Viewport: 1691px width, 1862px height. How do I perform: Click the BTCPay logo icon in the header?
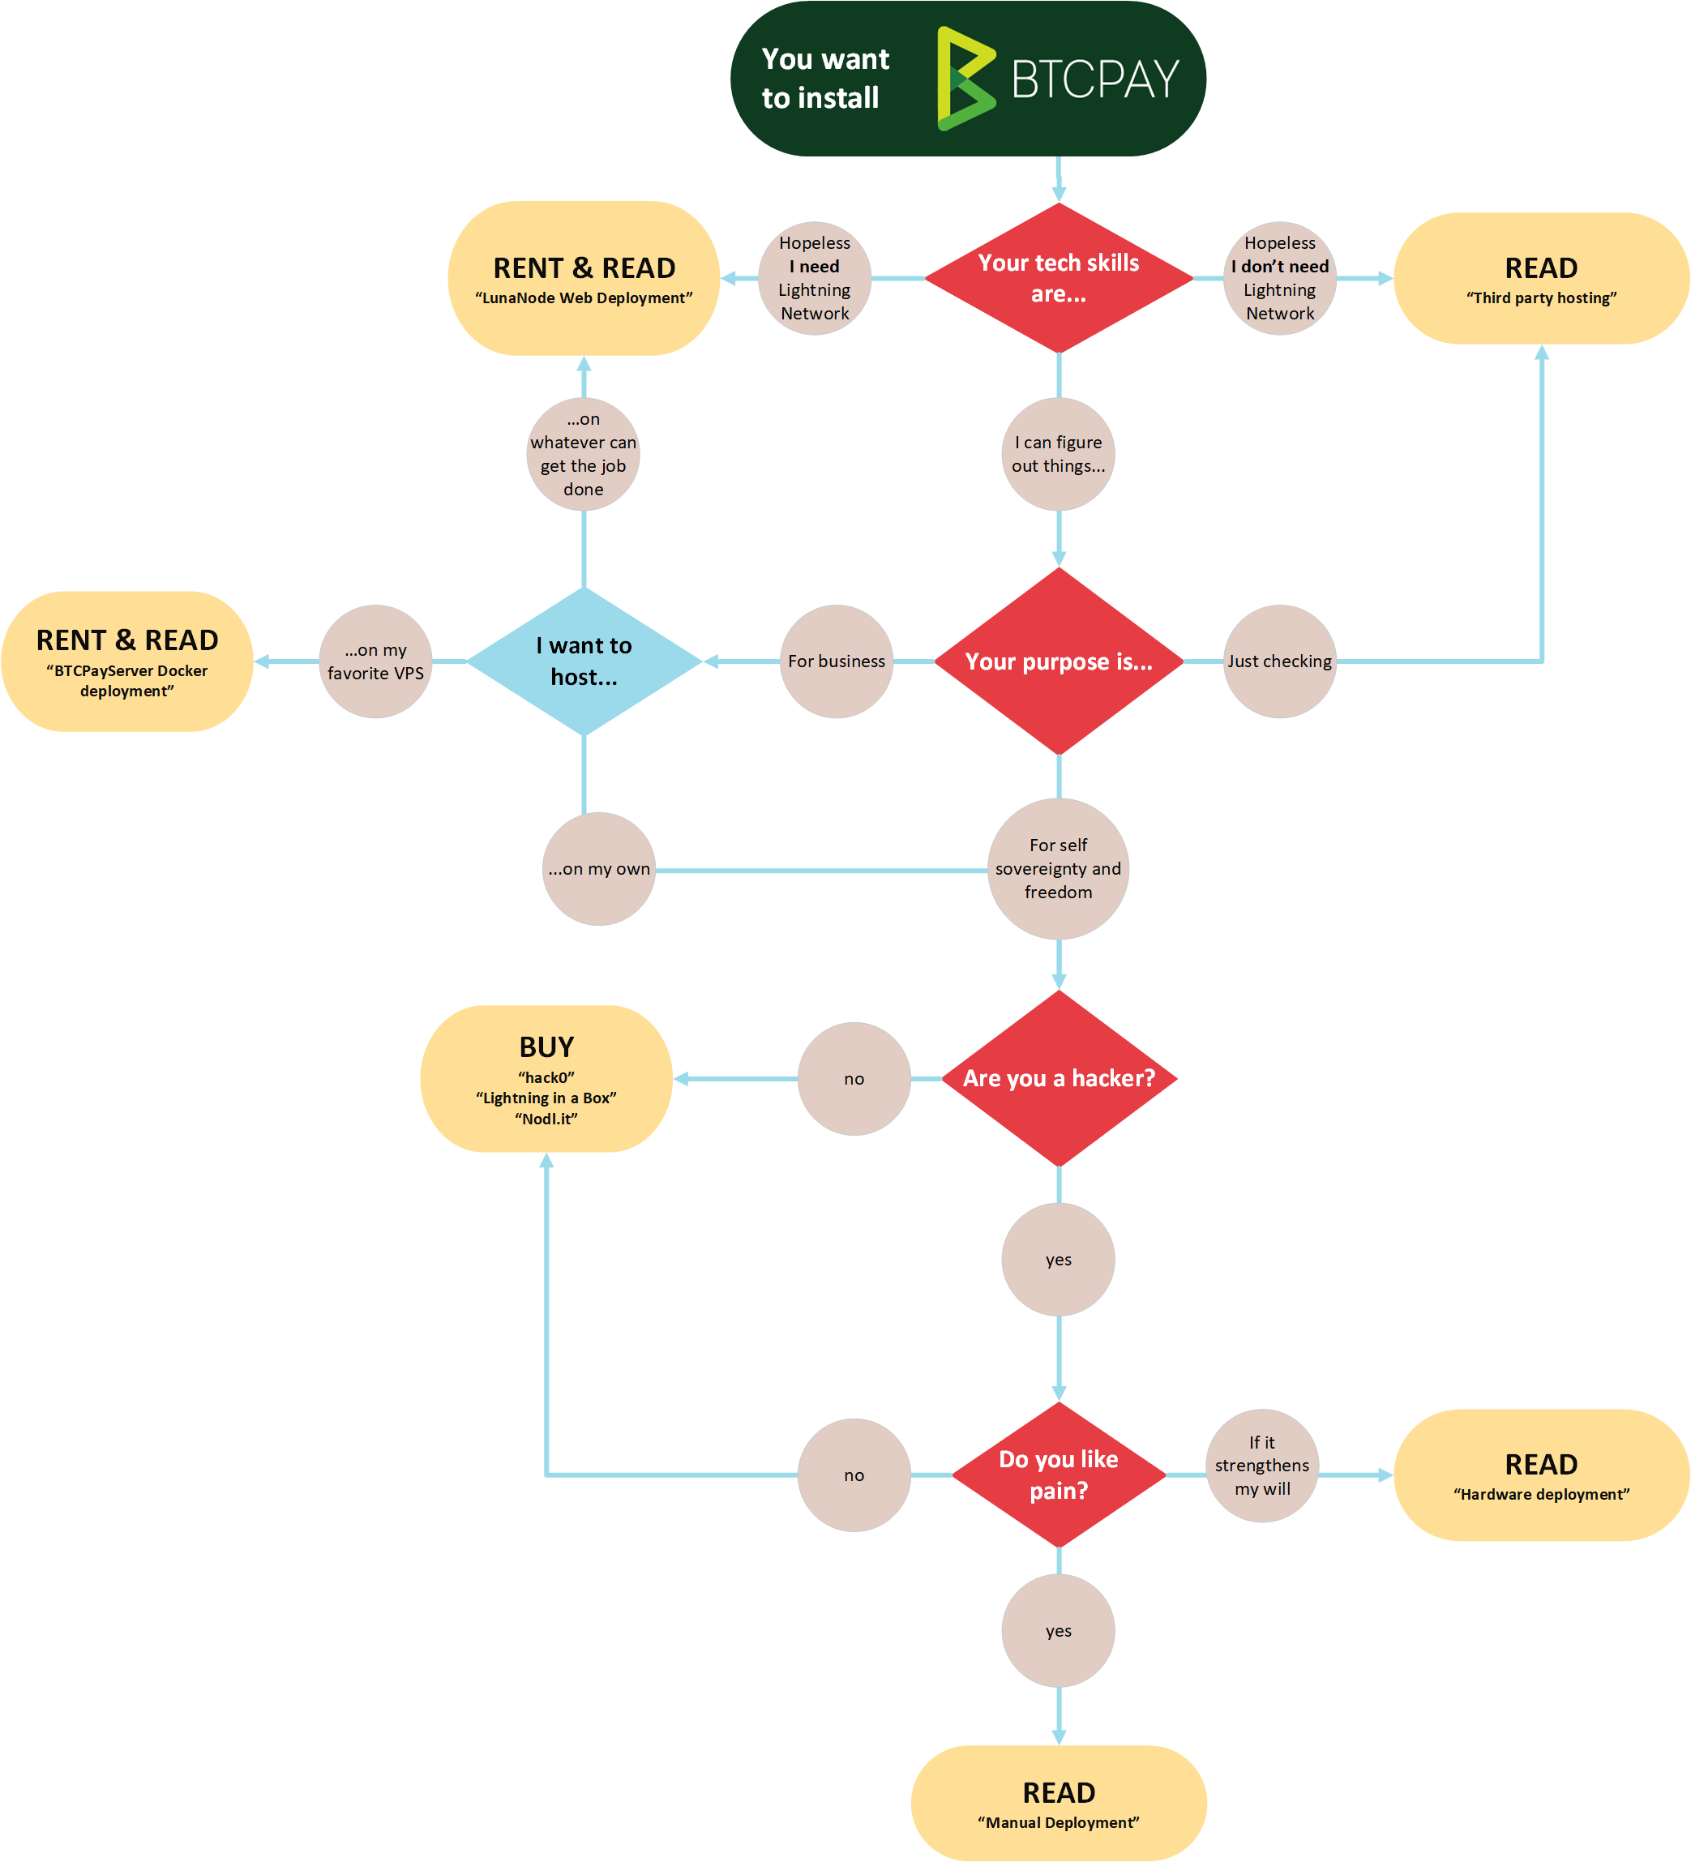(x=966, y=79)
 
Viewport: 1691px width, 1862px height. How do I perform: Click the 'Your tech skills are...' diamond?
(x=1059, y=278)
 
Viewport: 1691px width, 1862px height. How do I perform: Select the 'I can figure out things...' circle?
(x=1059, y=455)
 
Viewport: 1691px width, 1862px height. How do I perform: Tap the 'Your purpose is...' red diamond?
(x=1059, y=661)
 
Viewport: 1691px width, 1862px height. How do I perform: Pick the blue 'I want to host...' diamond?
(x=584, y=661)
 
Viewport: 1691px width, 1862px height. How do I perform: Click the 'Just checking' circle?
(x=1279, y=661)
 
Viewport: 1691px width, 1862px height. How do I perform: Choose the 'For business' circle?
(x=836, y=661)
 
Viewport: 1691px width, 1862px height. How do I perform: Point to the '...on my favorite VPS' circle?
(x=375, y=661)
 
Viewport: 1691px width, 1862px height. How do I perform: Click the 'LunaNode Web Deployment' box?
(x=584, y=278)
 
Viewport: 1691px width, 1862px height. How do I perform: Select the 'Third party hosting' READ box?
(x=1540, y=278)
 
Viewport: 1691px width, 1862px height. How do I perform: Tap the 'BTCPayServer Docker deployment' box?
(x=127, y=661)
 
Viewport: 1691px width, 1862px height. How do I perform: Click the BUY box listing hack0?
(x=546, y=1078)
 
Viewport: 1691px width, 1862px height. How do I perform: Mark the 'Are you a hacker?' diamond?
(x=1059, y=1078)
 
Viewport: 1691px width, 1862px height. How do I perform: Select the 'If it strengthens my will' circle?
(x=1261, y=1466)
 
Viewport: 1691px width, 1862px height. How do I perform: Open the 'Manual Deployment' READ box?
(x=1059, y=1802)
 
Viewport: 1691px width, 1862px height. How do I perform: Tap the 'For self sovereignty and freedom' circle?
(x=1059, y=868)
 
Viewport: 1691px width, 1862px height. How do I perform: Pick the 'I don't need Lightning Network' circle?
(x=1279, y=278)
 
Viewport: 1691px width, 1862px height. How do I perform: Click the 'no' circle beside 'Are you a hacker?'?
(x=854, y=1078)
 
